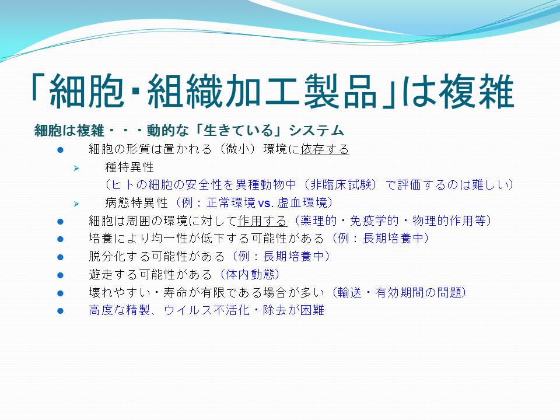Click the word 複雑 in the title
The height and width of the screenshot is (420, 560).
click(x=477, y=92)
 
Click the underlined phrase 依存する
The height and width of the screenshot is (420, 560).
click(x=325, y=149)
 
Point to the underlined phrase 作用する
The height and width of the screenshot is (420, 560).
click(x=262, y=220)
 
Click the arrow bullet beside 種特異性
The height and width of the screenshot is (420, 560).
click(x=76, y=168)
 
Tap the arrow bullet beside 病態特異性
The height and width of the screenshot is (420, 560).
click(x=76, y=204)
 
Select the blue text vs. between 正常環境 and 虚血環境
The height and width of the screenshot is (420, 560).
click(x=265, y=203)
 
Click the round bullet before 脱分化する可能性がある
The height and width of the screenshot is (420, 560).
click(x=60, y=257)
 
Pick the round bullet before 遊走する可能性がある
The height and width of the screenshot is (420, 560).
click(x=60, y=275)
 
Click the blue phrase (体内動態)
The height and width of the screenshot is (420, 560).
click(x=249, y=274)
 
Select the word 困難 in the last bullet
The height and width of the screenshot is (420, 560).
click(x=312, y=310)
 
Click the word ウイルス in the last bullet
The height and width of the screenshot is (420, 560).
click(x=188, y=310)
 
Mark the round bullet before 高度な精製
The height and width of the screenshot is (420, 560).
click(x=60, y=311)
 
